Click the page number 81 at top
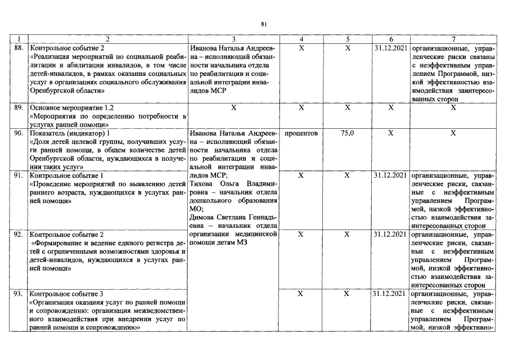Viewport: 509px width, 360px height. pos(264,24)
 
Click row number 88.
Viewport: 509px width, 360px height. pos(19,49)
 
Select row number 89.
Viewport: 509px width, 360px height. pos(19,107)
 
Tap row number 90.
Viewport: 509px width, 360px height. pos(19,134)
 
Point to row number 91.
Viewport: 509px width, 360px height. pos(19,176)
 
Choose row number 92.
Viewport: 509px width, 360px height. pos(19,234)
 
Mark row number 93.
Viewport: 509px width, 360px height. pos(19,294)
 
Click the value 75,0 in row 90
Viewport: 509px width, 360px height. pos(347,134)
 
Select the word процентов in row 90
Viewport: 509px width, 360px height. pos(301,134)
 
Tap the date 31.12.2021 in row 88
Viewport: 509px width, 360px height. pos(390,49)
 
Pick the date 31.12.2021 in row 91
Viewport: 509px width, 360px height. pos(390,176)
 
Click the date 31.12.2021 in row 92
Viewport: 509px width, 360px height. pos(390,234)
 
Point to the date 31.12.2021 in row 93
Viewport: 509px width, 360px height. pos(390,294)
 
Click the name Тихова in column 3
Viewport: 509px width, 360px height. pos(201,184)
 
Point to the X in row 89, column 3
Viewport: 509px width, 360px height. pos(233,107)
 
